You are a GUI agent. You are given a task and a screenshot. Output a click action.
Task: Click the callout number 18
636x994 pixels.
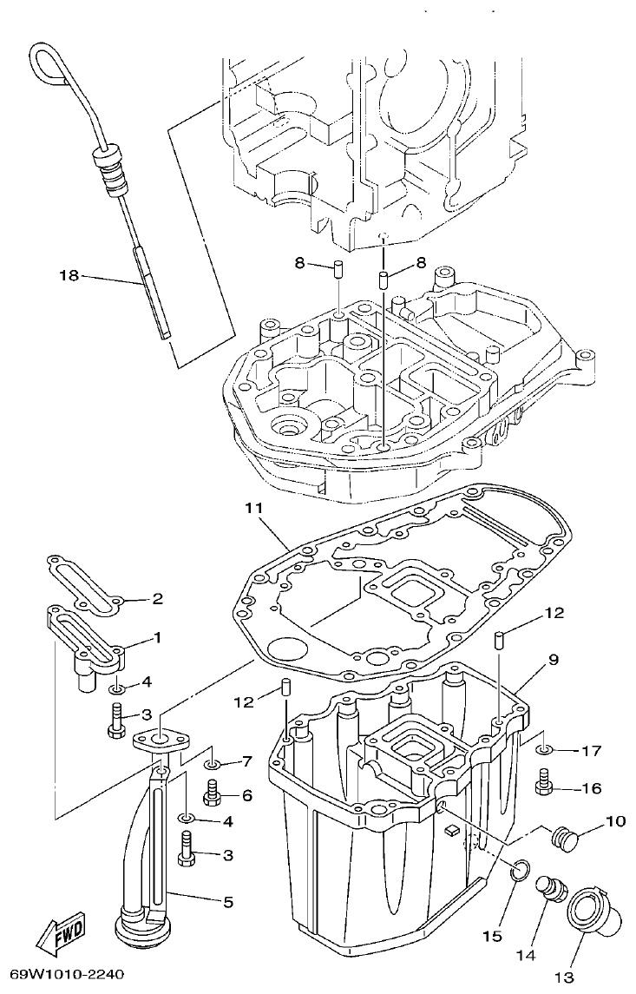click(69, 275)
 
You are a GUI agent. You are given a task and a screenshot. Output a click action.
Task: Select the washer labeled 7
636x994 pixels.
click(211, 764)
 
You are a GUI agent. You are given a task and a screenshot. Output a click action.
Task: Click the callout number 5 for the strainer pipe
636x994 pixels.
click(227, 902)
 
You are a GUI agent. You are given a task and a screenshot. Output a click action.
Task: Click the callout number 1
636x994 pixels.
click(157, 637)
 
